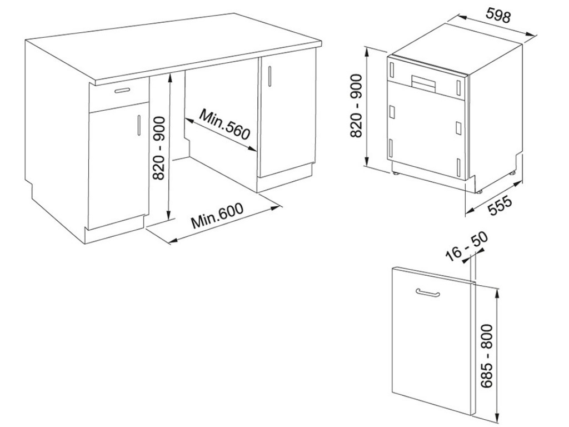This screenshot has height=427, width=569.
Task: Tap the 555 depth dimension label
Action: click(x=499, y=206)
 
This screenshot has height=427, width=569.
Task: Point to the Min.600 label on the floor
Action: click(x=217, y=217)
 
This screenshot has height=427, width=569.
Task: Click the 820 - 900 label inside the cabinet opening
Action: click(x=159, y=148)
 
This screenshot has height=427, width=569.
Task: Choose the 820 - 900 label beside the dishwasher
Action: click(x=357, y=106)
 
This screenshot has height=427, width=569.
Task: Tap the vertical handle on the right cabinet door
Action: click(x=269, y=75)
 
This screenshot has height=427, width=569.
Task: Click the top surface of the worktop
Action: click(x=178, y=44)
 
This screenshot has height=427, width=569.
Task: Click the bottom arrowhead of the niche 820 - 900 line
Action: click(x=168, y=219)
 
